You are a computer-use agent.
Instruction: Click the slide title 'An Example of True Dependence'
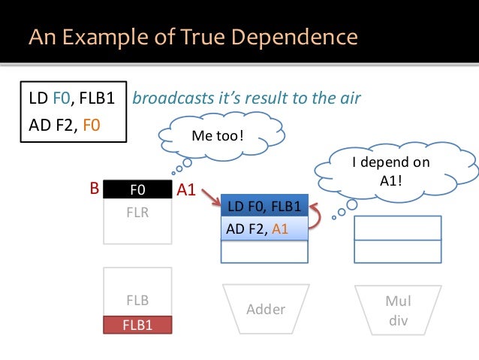coord(193,35)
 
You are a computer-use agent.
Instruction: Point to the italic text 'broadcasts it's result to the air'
coord(246,98)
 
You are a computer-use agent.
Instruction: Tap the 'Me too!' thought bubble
coord(218,138)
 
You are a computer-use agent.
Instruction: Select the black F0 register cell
coord(137,190)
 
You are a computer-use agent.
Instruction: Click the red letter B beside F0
coord(95,190)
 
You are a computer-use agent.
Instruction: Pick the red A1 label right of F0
coord(185,192)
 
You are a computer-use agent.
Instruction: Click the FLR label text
coord(137,213)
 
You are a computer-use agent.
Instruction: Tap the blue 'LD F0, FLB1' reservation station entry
coord(264,206)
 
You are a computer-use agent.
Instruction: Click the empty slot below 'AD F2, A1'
coord(264,252)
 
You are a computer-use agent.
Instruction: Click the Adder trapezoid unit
coord(266,310)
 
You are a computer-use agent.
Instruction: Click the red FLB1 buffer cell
coord(137,325)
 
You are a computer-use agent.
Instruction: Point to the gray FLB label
coord(137,301)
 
